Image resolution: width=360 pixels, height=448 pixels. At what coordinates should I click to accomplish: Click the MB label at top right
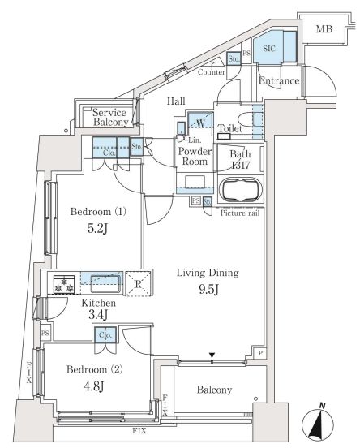(324, 29)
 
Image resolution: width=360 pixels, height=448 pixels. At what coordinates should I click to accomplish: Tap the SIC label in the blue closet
(269, 48)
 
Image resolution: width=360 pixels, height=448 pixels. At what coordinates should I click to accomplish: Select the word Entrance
(279, 81)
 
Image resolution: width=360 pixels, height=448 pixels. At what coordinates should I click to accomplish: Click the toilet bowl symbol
(247, 121)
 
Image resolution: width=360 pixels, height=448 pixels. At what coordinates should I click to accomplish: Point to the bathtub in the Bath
(240, 190)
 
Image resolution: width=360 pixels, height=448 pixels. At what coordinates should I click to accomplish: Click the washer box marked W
(200, 123)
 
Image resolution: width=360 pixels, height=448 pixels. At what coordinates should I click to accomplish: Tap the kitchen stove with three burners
(64, 284)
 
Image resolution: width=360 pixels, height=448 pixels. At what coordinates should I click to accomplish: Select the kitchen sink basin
(105, 284)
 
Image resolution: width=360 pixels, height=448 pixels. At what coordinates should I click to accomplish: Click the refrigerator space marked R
(138, 283)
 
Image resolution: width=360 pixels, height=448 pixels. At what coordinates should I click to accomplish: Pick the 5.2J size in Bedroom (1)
(97, 229)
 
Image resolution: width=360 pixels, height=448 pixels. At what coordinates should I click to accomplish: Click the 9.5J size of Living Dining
(208, 290)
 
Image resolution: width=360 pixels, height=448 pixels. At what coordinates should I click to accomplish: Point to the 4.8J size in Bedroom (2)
(94, 386)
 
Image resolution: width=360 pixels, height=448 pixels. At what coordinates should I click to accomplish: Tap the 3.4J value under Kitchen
(98, 315)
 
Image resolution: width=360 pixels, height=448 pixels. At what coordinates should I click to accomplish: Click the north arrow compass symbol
(318, 421)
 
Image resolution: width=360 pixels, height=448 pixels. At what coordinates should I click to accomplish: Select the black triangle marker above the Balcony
(212, 355)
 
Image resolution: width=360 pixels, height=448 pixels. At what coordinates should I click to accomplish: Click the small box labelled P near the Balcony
(260, 353)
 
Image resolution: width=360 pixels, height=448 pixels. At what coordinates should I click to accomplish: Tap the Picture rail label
(240, 213)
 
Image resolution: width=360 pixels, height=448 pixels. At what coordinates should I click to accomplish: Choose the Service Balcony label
(110, 118)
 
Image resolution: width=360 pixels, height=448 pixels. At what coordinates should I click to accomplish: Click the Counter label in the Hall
(212, 72)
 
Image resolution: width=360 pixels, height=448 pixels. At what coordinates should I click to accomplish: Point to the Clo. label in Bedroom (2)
(105, 335)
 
